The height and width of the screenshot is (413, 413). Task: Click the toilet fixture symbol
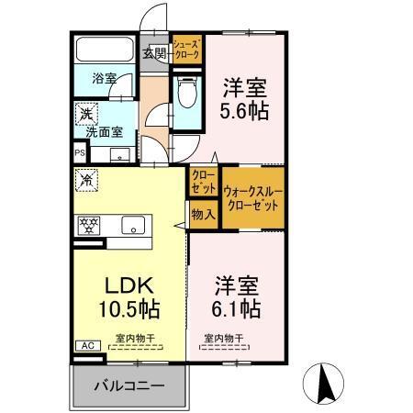(x=186, y=93)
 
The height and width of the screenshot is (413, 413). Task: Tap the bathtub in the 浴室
(x=104, y=51)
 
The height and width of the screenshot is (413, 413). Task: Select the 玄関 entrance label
(x=154, y=53)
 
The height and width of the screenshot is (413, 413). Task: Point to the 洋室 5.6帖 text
(x=245, y=100)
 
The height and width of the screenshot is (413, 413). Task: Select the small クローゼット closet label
(x=204, y=182)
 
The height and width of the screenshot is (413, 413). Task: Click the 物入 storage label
(x=203, y=215)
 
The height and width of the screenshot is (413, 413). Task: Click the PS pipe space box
(x=78, y=154)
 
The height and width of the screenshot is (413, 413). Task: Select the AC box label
(x=87, y=346)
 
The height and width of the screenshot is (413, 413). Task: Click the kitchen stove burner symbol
(x=89, y=225)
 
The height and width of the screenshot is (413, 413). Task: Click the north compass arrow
(x=326, y=382)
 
